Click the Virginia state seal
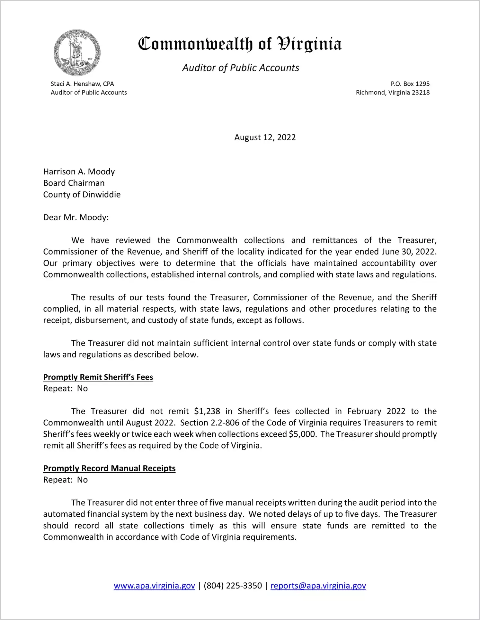coord(77,53)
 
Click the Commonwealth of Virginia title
coord(240,44)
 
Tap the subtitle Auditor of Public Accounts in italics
coord(241,68)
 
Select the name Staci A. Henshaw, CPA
coord(82,84)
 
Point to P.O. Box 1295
coord(410,84)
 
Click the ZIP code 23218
coord(421,92)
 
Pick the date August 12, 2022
coord(265,137)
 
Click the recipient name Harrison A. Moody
coord(79,171)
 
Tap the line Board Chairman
coord(74,183)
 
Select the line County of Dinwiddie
coord(82,195)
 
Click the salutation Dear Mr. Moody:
coord(76,217)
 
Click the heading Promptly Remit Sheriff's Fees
coord(98,377)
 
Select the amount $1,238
coord(207,411)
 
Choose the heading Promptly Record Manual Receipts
coord(109,468)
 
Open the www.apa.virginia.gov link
coord(154,586)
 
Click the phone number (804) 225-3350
coord(233,586)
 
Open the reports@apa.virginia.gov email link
coord(318,586)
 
